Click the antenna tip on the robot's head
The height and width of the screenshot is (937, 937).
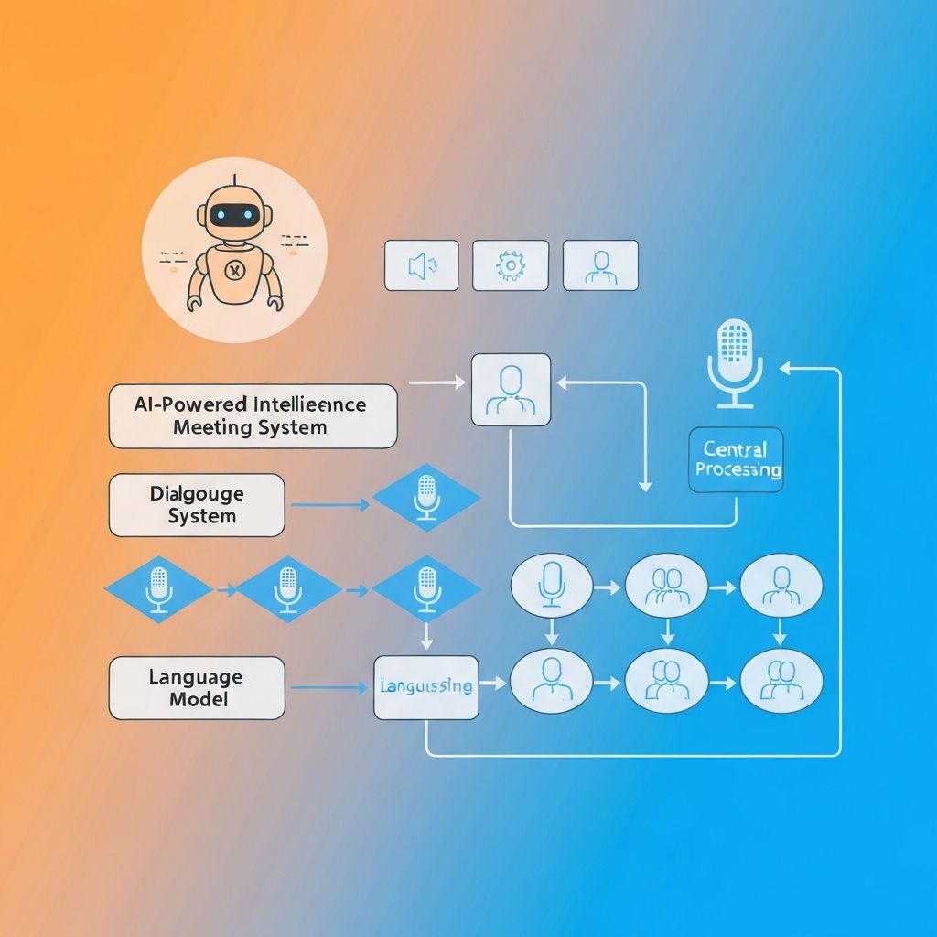234,177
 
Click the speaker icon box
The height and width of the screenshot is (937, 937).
421,265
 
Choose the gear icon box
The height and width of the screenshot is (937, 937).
510,265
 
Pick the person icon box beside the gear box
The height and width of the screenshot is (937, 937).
600,265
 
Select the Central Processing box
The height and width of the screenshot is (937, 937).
736,459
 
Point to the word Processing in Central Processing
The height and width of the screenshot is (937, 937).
738,470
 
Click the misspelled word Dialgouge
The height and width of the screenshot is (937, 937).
197,494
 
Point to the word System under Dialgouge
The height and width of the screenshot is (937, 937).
202,516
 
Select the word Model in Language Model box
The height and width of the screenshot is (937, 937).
199,700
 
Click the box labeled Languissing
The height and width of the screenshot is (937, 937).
425,686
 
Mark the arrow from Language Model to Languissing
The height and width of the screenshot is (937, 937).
329,687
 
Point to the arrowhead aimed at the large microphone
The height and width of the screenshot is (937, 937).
785,368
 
